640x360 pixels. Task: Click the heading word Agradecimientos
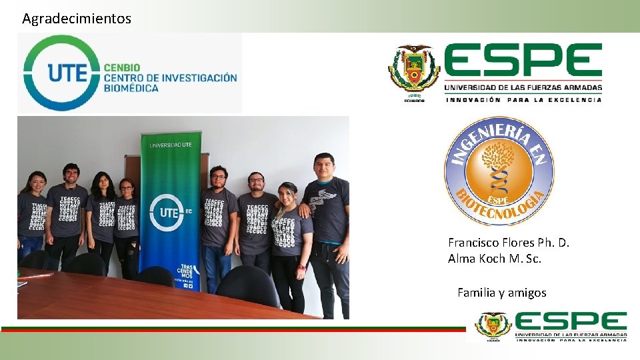(77, 19)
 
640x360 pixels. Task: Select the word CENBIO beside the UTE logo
(122, 67)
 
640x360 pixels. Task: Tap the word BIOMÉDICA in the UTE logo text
(131, 88)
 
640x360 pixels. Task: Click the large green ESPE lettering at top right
(523, 61)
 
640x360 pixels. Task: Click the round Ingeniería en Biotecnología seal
(499, 171)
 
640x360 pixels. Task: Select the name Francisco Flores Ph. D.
(509, 243)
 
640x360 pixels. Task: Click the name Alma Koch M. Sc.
(495, 258)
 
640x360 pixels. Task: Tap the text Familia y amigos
(501, 292)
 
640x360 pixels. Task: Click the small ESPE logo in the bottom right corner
(551, 327)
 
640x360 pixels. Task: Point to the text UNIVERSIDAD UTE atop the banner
(171, 145)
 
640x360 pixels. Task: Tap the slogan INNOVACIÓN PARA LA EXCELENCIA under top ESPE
(523, 100)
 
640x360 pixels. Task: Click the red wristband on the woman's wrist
(302, 267)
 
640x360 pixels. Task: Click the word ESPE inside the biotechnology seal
(499, 199)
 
